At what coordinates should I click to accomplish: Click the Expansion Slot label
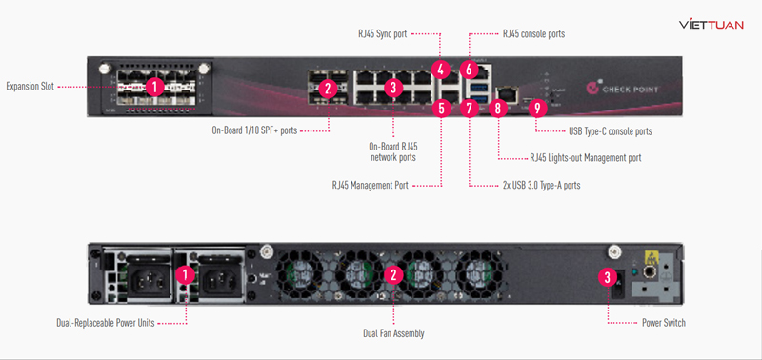click(29, 86)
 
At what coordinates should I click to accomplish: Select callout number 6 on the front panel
click(468, 69)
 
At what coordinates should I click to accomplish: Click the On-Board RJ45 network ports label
click(392, 152)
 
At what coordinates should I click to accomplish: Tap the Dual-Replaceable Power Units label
click(107, 323)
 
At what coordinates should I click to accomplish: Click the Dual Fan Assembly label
click(393, 333)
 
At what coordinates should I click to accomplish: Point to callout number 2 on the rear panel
click(392, 275)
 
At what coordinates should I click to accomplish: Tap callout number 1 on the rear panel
click(188, 275)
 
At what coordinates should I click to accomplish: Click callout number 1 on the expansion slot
click(155, 86)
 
